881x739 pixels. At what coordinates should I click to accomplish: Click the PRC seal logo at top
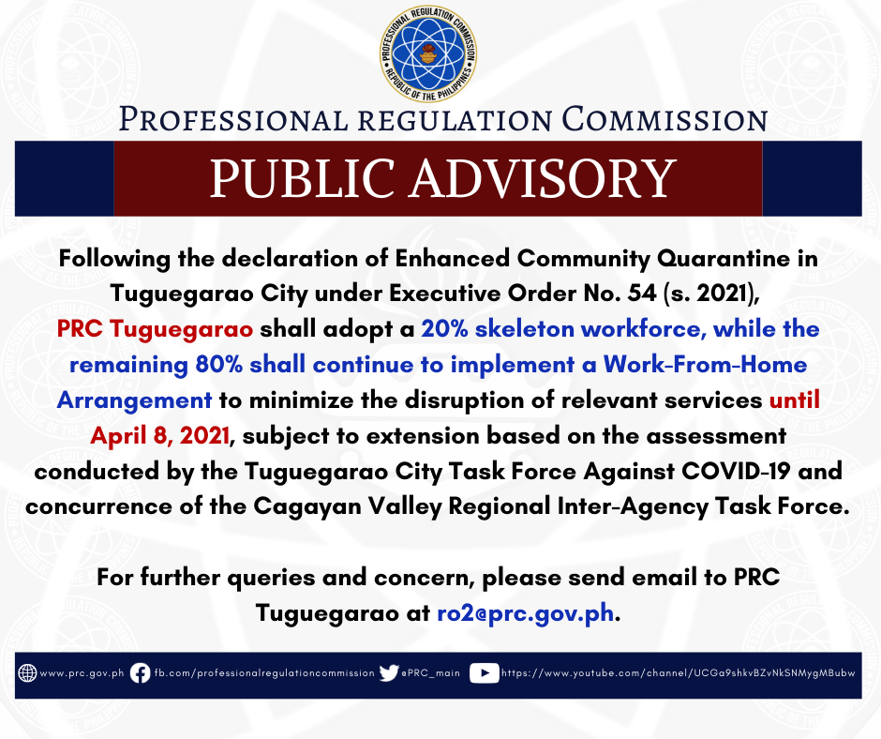(x=428, y=54)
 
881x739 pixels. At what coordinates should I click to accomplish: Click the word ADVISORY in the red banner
(x=544, y=178)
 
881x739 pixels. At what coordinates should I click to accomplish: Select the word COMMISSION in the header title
(x=664, y=120)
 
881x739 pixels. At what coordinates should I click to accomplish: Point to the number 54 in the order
(x=642, y=293)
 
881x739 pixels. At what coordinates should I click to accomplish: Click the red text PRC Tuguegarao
(x=155, y=329)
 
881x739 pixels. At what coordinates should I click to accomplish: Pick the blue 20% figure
(x=445, y=328)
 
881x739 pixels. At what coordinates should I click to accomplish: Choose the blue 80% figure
(x=219, y=365)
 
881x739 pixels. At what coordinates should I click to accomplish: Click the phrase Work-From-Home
(x=705, y=365)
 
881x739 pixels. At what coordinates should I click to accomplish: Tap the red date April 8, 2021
(x=160, y=436)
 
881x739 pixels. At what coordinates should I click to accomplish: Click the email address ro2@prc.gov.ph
(x=526, y=613)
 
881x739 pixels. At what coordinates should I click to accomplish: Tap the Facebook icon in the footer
(x=140, y=672)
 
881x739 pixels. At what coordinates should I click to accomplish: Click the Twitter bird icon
(x=389, y=672)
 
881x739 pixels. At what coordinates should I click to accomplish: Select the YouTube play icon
(x=485, y=673)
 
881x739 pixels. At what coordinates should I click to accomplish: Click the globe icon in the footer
(x=27, y=672)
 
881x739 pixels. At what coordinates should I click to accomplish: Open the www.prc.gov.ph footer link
(x=82, y=673)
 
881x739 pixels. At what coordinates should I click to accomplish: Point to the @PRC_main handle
(x=430, y=673)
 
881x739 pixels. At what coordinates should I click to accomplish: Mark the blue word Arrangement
(x=134, y=400)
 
